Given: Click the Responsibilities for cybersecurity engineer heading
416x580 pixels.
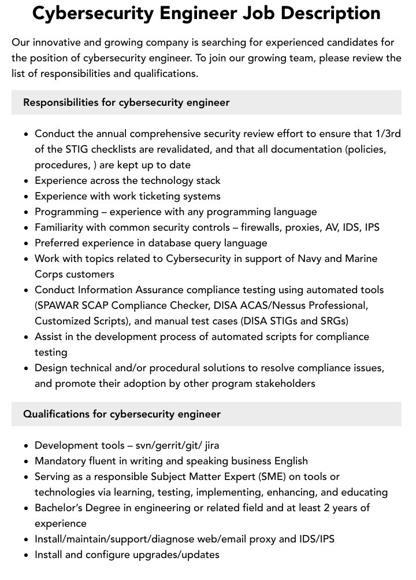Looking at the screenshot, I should pyautogui.click(x=126, y=102).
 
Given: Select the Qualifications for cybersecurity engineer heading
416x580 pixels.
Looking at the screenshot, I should pyautogui.click(x=122, y=414).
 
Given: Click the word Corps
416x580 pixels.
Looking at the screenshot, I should pyautogui.click(x=49, y=274).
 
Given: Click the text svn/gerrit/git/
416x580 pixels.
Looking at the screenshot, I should pyautogui.click(x=169, y=445).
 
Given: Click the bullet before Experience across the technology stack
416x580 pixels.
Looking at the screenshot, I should pyautogui.click(x=26, y=181).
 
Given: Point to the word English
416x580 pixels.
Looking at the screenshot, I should pyautogui.click(x=283, y=461).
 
